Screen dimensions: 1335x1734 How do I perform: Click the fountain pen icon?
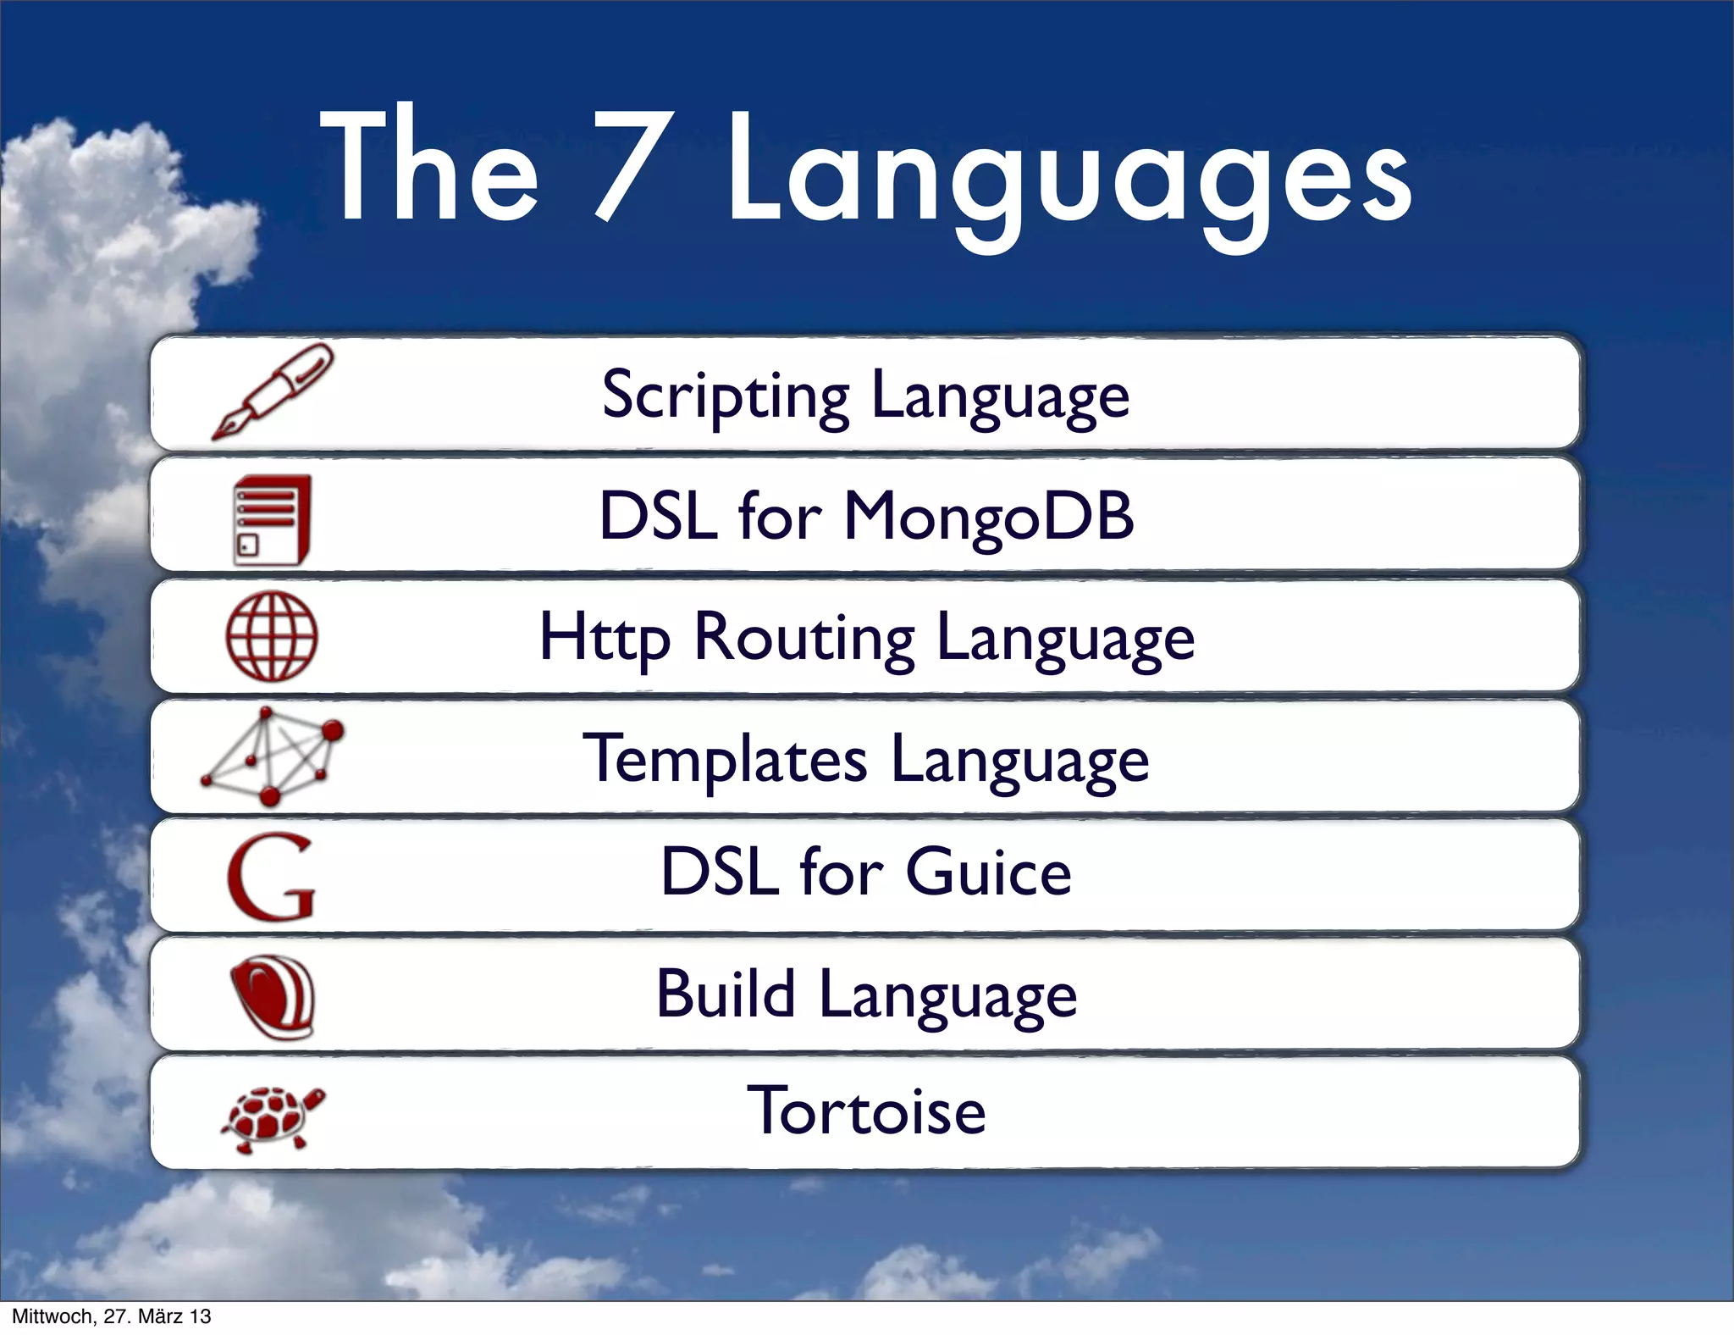(273, 391)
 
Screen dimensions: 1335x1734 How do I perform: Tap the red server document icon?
(272, 518)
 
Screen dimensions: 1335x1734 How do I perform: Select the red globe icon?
(272, 636)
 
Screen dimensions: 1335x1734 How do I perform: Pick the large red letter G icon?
(272, 877)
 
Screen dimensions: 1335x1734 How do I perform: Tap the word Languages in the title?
(1069, 174)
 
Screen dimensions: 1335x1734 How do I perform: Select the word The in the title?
(429, 165)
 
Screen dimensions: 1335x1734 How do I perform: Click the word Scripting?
(726, 396)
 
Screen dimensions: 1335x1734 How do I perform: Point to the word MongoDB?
(989, 517)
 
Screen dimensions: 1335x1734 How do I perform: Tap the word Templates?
(726, 760)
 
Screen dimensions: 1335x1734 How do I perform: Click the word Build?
(726, 994)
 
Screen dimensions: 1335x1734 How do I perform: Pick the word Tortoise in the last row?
(866, 1111)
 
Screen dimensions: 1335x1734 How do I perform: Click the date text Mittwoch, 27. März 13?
(111, 1316)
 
